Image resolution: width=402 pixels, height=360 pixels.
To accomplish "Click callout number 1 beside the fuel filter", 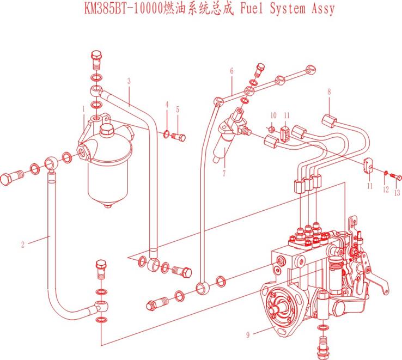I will click(x=83, y=109).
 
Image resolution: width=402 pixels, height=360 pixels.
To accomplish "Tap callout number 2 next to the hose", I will click(x=23, y=244).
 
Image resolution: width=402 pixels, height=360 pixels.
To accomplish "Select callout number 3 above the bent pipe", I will click(x=129, y=81).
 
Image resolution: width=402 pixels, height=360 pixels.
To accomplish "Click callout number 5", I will click(x=177, y=109).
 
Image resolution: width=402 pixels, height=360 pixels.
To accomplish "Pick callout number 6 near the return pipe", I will click(x=232, y=71).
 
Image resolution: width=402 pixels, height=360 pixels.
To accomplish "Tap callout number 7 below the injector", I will click(x=223, y=174).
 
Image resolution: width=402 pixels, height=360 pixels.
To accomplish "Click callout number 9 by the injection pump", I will click(x=247, y=334).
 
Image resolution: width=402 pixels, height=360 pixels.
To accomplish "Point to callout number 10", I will click(x=273, y=115).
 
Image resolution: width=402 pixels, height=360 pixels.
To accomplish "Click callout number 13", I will click(x=397, y=192).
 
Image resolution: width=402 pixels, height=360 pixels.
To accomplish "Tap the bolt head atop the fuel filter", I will click(x=96, y=56).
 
